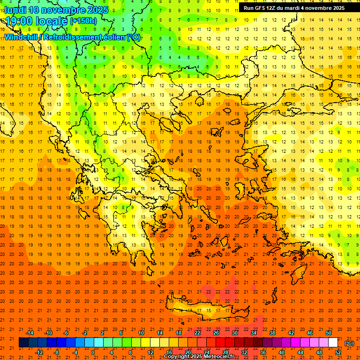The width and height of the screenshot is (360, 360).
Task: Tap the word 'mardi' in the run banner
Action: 296,8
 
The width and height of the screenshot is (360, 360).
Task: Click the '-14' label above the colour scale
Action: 30,333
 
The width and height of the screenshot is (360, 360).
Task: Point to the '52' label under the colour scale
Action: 338,352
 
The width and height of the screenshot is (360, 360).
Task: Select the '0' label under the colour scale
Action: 93,352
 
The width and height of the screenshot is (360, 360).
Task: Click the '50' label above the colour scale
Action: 329,333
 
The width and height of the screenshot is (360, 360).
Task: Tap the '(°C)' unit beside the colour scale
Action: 349,343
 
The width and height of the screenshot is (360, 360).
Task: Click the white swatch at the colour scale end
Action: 333,343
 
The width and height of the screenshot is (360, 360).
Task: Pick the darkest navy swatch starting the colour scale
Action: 23,343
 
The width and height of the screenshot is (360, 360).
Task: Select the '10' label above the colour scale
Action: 141,333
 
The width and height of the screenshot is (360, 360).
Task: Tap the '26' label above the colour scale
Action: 216,333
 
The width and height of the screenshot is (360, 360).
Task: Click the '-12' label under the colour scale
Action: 39,352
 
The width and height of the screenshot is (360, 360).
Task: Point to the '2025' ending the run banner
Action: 337,8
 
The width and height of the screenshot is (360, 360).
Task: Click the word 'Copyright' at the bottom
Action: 176,357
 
